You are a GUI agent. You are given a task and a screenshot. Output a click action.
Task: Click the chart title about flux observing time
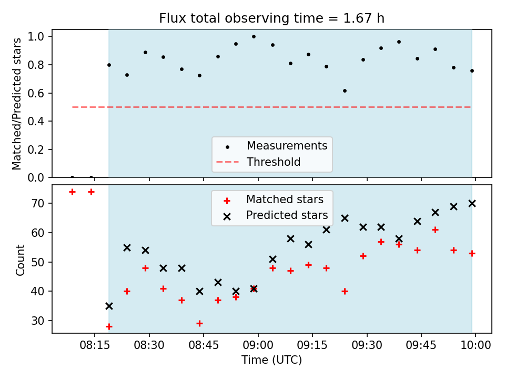pyautogui.click(x=272, y=18)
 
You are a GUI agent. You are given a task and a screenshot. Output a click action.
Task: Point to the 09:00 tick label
pyautogui.click(x=258, y=345)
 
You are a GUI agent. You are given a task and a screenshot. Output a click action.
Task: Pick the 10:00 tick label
pyautogui.click(x=476, y=345)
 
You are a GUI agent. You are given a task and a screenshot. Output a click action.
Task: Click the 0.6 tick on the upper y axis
pyautogui.click(x=36, y=93)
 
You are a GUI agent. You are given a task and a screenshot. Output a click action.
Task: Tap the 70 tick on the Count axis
pyautogui.click(x=38, y=203)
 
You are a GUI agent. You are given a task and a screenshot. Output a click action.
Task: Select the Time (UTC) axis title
pyautogui.click(x=272, y=360)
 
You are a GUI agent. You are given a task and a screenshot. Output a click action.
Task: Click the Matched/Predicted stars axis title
pyautogui.click(x=16, y=104)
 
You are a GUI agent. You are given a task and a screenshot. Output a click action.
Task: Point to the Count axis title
pyautogui.click(x=20, y=260)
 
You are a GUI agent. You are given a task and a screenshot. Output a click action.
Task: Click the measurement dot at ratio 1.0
pyautogui.click(x=254, y=37)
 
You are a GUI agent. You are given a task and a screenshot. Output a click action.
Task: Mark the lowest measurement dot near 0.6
pyautogui.click(x=345, y=91)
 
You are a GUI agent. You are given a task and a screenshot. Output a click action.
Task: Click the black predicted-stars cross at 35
pyautogui.click(x=109, y=306)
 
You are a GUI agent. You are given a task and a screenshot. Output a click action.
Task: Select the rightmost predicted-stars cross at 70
pyautogui.click(x=472, y=203)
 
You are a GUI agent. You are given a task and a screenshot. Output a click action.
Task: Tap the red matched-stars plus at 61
pyautogui.click(x=435, y=230)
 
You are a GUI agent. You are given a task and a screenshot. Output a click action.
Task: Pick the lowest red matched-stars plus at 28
pyautogui.click(x=109, y=327)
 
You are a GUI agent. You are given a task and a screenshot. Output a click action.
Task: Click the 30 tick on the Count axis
pyautogui.click(x=38, y=321)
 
